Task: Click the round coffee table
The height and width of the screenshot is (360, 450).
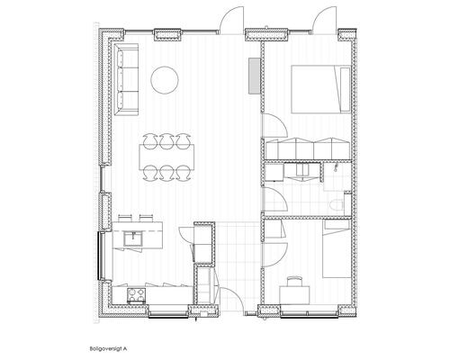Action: coord(165,80)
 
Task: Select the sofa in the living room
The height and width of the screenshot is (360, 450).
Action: coord(126,79)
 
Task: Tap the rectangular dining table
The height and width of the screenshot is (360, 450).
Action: coord(166,157)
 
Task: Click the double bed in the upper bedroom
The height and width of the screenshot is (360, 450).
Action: coord(320,89)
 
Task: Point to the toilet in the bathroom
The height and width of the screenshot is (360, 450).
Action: coord(333,205)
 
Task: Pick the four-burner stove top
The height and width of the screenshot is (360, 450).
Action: coord(137,294)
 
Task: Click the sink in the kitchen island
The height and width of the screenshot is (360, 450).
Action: coord(133,239)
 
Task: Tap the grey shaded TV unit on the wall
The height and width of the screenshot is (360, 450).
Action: coord(255,76)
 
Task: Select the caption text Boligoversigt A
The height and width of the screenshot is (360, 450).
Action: coord(108,349)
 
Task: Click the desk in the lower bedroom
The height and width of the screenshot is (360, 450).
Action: coord(294,294)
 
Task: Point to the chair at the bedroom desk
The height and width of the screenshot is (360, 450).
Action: coord(294,281)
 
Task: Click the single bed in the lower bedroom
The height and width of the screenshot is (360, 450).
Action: coord(337,249)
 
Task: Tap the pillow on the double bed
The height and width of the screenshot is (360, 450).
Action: coord(346,89)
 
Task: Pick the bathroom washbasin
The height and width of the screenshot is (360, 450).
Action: coord(302,170)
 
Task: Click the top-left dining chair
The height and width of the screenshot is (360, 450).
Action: coord(150,141)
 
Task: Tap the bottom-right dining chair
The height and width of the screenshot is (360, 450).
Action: coord(183,174)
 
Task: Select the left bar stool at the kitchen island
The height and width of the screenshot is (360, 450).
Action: coord(123,218)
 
